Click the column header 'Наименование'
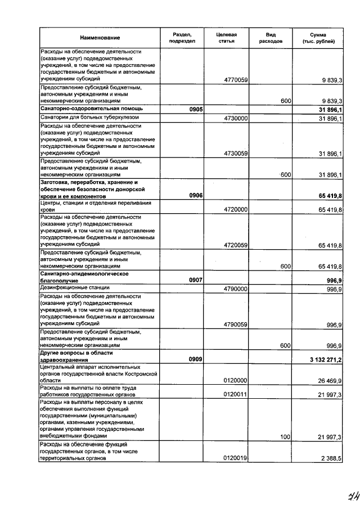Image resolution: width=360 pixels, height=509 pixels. [x=100, y=38]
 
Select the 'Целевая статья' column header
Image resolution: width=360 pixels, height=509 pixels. [x=226, y=38]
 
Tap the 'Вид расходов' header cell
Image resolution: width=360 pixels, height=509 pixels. [x=271, y=38]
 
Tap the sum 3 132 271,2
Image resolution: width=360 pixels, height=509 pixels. [x=326, y=358]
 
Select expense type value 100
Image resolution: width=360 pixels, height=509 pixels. [x=285, y=435]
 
